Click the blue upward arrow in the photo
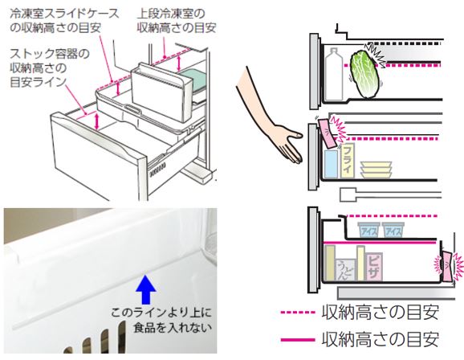point(145,290)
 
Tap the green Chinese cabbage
point(364,75)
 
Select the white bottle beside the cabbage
point(334,74)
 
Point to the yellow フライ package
point(348,161)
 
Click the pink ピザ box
point(374,267)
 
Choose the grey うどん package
point(345,270)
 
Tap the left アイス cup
point(368,230)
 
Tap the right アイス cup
point(393,230)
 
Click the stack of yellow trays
point(376,170)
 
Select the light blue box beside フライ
point(331,164)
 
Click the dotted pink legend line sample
point(298,313)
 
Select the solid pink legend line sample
point(298,340)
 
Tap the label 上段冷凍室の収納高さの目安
point(177,20)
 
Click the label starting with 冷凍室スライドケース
point(64,20)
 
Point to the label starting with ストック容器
point(50,68)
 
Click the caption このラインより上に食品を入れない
point(161,320)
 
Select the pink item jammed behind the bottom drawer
point(448,266)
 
